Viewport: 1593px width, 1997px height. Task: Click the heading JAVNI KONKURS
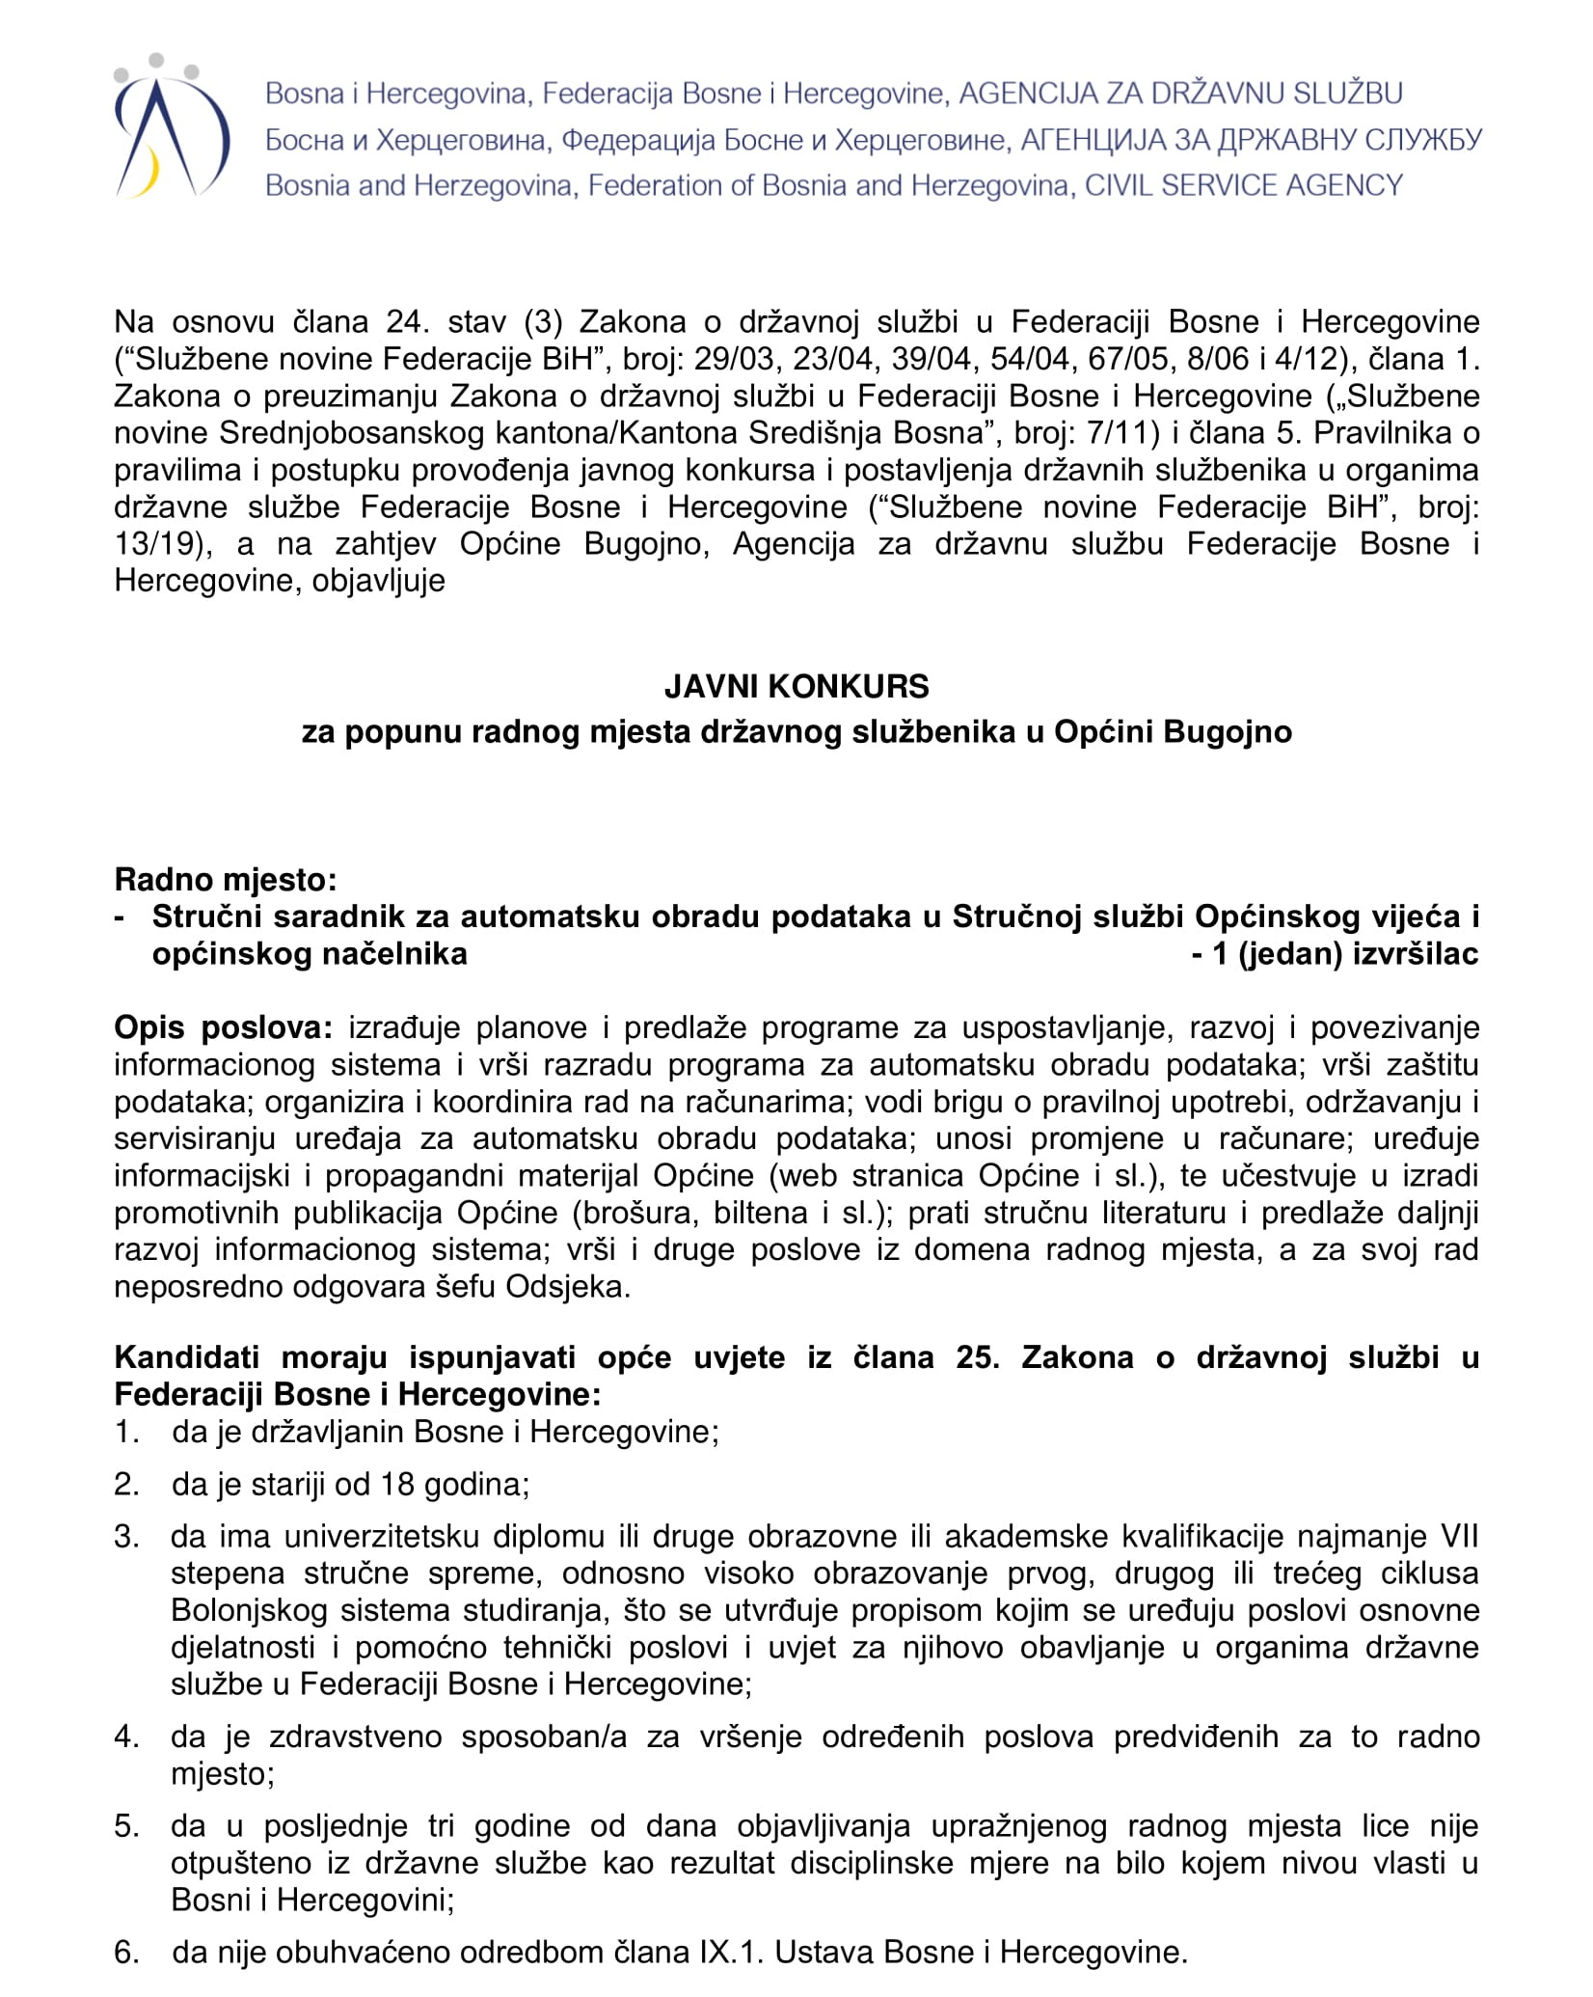pos(796,686)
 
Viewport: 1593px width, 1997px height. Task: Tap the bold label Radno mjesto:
pos(226,880)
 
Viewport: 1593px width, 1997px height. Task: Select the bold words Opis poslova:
pos(223,1027)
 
